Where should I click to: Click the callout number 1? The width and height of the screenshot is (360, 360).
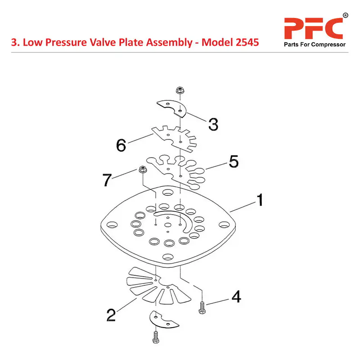(260, 200)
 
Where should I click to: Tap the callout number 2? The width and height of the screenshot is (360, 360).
(111, 315)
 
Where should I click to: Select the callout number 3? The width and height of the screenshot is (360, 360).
(213, 125)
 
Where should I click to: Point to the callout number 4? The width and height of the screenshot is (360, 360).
(236, 297)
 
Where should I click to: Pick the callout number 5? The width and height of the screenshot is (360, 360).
(234, 162)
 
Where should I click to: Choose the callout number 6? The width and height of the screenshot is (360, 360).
(121, 145)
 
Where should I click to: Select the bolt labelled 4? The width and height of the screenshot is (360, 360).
(202, 308)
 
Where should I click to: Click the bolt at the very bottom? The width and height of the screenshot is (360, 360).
(156, 337)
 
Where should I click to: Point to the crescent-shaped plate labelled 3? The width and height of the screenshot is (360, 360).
(172, 108)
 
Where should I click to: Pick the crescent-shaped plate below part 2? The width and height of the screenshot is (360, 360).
(164, 320)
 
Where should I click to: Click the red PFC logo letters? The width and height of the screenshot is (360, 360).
(314, 28)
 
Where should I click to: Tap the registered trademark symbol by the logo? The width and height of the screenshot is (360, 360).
(345, 15)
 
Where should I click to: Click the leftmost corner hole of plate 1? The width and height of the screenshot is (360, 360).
(112, 225)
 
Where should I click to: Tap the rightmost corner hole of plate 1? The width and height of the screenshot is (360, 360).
(224, 225)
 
